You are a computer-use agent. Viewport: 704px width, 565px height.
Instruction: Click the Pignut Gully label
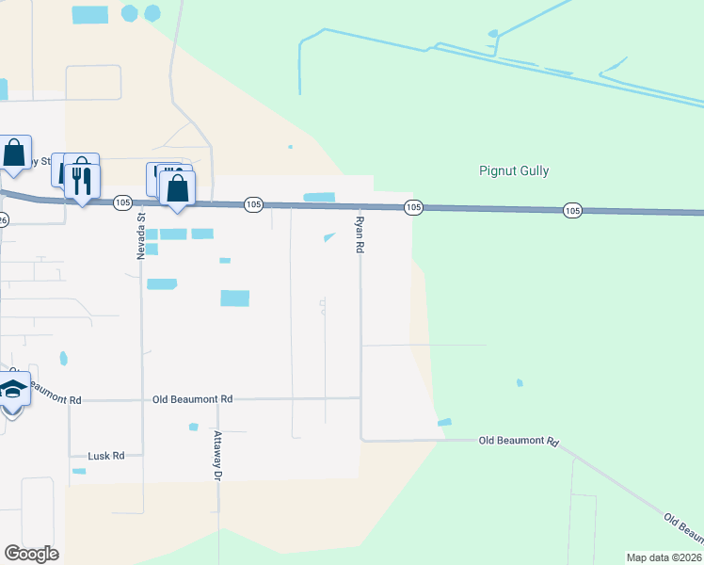pyautogui.click(x=512, y=171)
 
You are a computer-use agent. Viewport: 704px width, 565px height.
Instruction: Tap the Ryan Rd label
pyautogui.click(x=360, y=234)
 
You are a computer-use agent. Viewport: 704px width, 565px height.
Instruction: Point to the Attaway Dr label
pyautogui.click(x=217, y=456)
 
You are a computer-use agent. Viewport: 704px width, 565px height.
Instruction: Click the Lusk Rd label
pyautogui.click(x=105, y=456)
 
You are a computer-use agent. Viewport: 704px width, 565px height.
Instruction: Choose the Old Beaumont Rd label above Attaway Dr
pyautogui.click(x=192, y=399)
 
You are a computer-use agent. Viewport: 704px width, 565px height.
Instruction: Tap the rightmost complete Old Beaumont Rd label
pyautogui.click(x=519, y=441)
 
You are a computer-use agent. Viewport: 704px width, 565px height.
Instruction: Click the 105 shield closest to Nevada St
pyautogui.click(x=122, y=202)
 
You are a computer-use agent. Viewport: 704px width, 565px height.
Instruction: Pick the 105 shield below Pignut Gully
pyautogui.click(x=572, y=210)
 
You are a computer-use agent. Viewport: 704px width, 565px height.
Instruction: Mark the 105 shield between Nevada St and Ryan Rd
pyautogui.click(x=252, y=204)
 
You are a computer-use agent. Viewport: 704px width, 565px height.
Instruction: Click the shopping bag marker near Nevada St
pyautogui.click(x=177, y=188)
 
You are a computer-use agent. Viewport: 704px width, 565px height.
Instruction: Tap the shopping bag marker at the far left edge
pyautogui.click(x=14, y=152)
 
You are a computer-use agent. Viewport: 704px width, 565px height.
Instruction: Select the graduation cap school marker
pyautogui.click(x=12, y=388)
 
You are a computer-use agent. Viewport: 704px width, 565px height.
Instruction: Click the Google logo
pyautogui.click(x=31, y=554)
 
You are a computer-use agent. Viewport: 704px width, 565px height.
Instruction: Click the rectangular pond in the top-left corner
pyautogui.click(x=90, y=14)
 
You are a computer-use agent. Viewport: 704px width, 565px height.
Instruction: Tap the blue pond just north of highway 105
pyautogui.click(x=319, y=197)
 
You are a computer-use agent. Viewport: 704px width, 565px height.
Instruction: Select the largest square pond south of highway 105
pyautogui.click(x=234, y=298)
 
